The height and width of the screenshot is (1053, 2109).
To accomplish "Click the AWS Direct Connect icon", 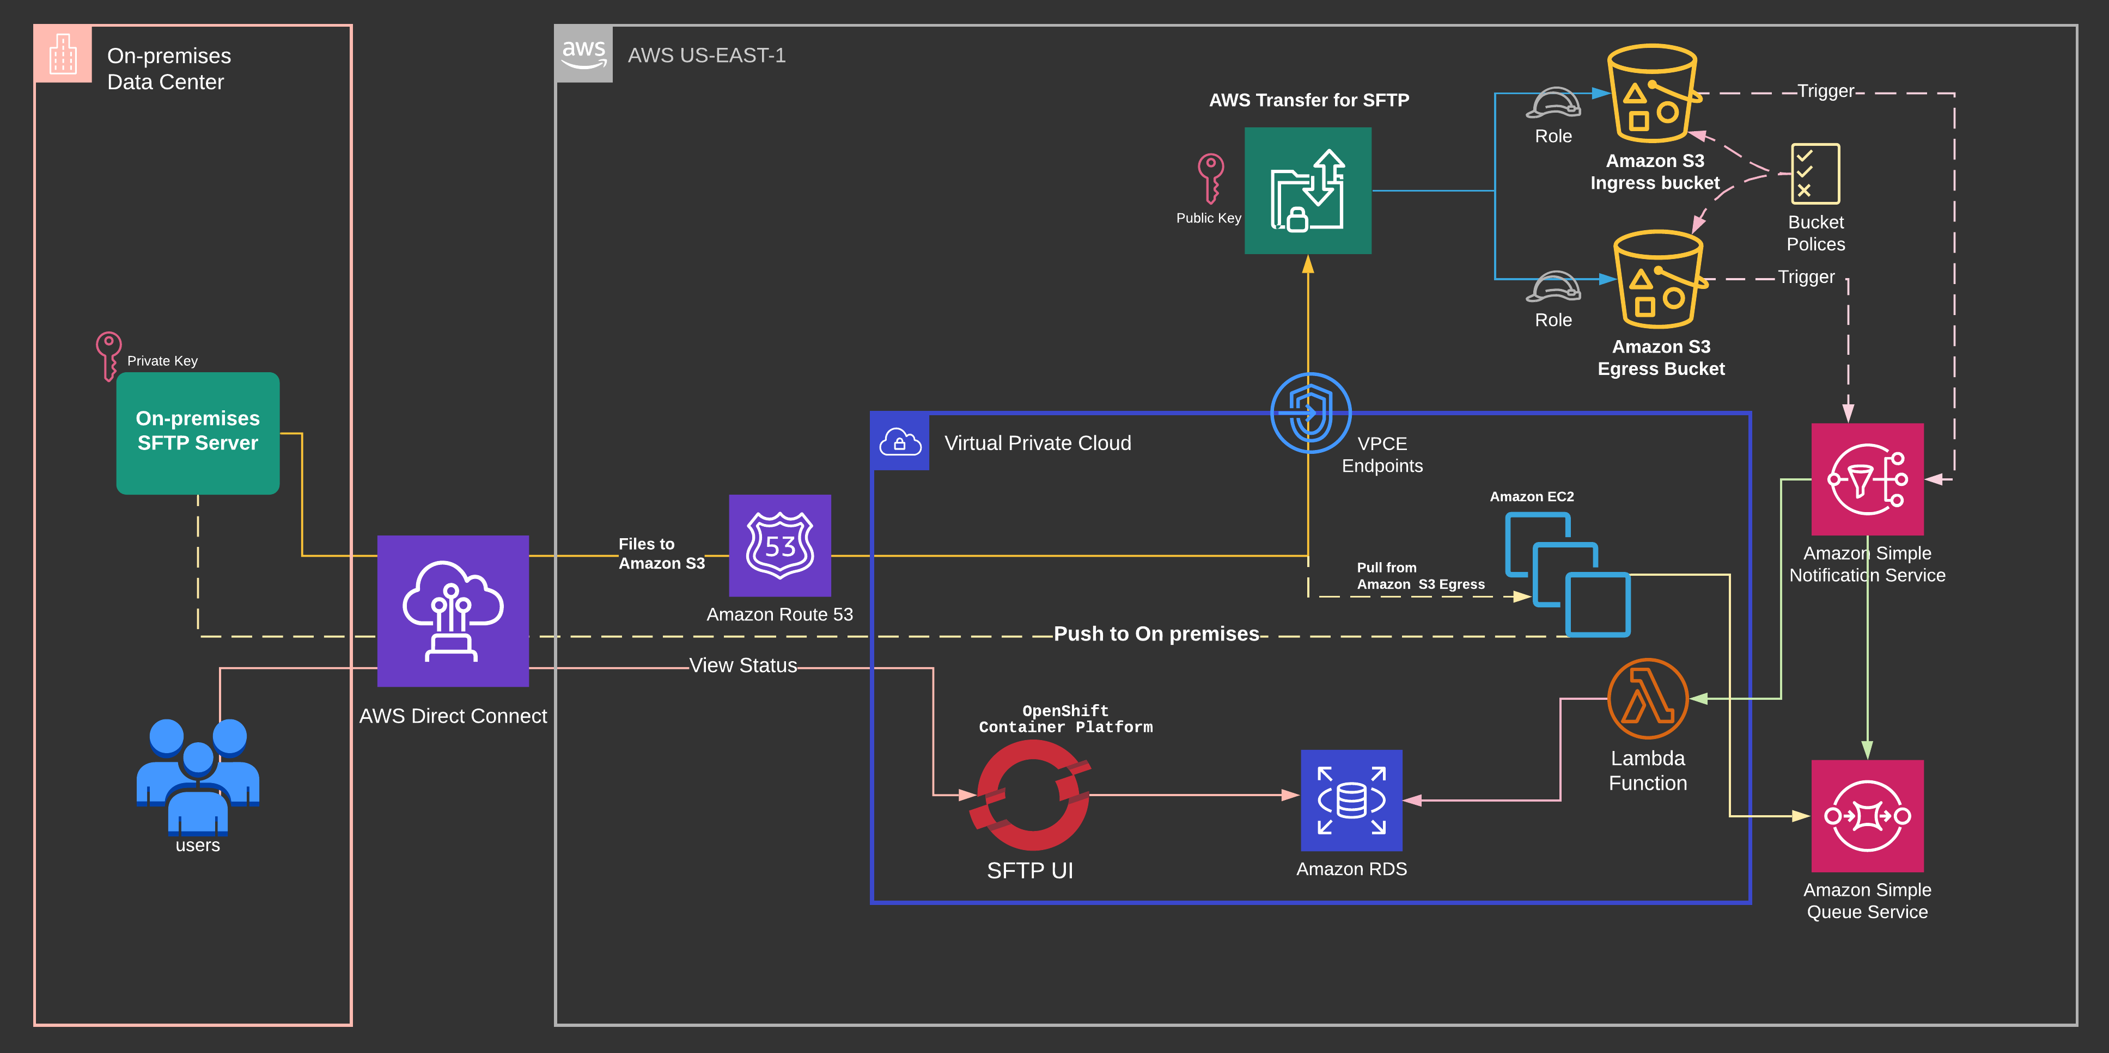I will click(x=453, y=611).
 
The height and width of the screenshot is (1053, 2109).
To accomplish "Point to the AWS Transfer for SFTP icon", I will click(x=1307, y=190).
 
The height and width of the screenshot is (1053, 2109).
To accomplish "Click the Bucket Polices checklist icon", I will click(x=1814, y=174).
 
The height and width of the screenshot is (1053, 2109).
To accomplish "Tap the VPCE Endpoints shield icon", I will click(x=1310, y=412).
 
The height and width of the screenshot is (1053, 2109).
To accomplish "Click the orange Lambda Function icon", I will click(x=1647, y=698).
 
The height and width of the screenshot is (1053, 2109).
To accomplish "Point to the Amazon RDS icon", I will click(x=1351, y=799).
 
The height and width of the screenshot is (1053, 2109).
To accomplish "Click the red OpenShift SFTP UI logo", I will click(x=1032, y=795).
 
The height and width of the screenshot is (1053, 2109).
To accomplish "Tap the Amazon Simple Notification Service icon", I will click(x=1867, y=479).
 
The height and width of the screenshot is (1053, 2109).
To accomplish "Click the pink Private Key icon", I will click(x=108, y=354).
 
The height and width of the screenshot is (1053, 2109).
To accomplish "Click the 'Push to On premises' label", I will click(x=1155, y=634).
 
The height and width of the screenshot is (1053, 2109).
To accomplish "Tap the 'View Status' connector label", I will click(x=742, y=665).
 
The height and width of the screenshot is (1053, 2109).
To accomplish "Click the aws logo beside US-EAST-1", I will click(x=583, y=54).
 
